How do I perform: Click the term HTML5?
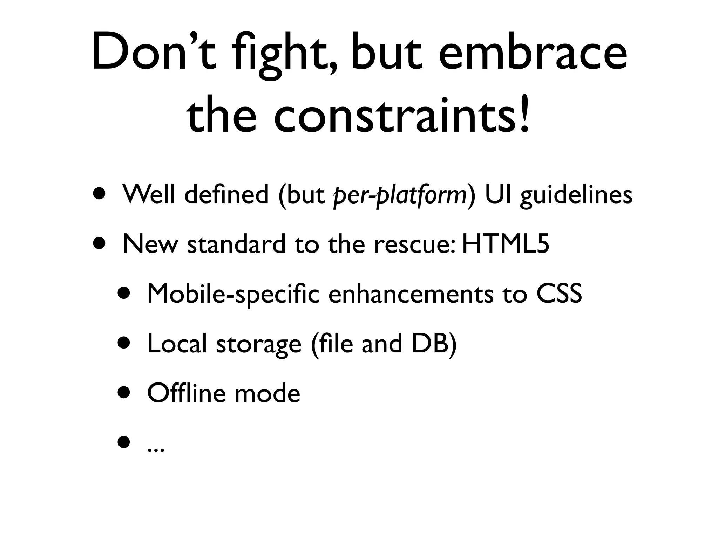[505, 244]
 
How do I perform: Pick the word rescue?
[414, 245]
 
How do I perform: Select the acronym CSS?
[559, 294]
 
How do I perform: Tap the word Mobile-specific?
[233, 294]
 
